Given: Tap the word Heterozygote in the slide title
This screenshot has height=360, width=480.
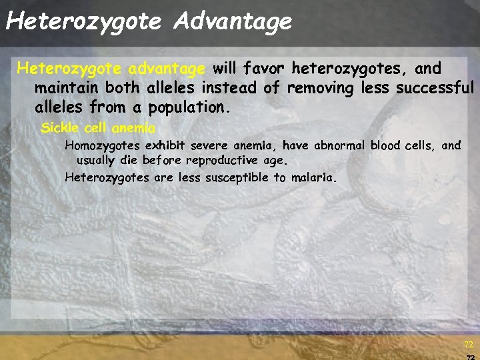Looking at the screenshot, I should click(x=83, y=22).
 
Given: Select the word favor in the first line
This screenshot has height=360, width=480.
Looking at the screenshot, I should click(x=266, y=68).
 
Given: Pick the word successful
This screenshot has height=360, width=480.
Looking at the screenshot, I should click(x=435, y=87).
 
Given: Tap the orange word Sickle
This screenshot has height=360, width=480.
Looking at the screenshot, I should click(x=60, y=127).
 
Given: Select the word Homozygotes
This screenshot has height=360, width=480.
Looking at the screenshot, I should click(x=103, y=145).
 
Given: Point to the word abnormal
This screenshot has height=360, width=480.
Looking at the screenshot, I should click(x=340, y=145).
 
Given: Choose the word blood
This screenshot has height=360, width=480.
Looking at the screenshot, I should click(x=386, y=145).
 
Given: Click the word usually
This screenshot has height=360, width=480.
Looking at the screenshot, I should click(x=98, y=160).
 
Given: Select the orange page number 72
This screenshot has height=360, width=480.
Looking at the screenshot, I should click(x=469, y=345).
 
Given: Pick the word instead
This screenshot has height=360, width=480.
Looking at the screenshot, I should click(x=228, y=87).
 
